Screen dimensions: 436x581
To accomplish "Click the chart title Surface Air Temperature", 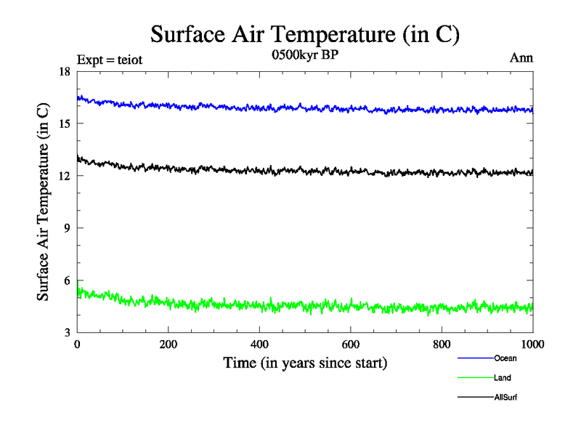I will tap(305, 33).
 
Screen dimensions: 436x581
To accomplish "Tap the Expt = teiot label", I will tap(109, 60).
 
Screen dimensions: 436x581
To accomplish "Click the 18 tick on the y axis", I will tap(65, 71).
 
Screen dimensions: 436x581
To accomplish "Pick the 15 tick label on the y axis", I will tap(65, 124).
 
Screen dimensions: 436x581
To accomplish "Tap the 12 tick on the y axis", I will tap(65, 176).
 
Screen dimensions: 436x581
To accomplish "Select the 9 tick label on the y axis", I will tap(68, 228).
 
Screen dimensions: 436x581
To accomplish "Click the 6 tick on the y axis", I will tap(68, 280).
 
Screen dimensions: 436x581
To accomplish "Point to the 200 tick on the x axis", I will tap(168, 344).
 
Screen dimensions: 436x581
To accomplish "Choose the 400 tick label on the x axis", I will tap(259, 344).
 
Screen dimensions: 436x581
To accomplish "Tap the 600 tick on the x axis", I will tap(351, 344).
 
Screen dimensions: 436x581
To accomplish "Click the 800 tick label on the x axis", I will tap(442, 344).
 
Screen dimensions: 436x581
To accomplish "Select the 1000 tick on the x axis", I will tap(532, 344).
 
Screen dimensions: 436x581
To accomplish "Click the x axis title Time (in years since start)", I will tap(304, 362).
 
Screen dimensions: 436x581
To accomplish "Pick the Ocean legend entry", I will tap(505, 358).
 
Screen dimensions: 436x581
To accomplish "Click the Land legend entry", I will tap(503, 378).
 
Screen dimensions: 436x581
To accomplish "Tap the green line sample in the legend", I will tap(475, 378).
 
